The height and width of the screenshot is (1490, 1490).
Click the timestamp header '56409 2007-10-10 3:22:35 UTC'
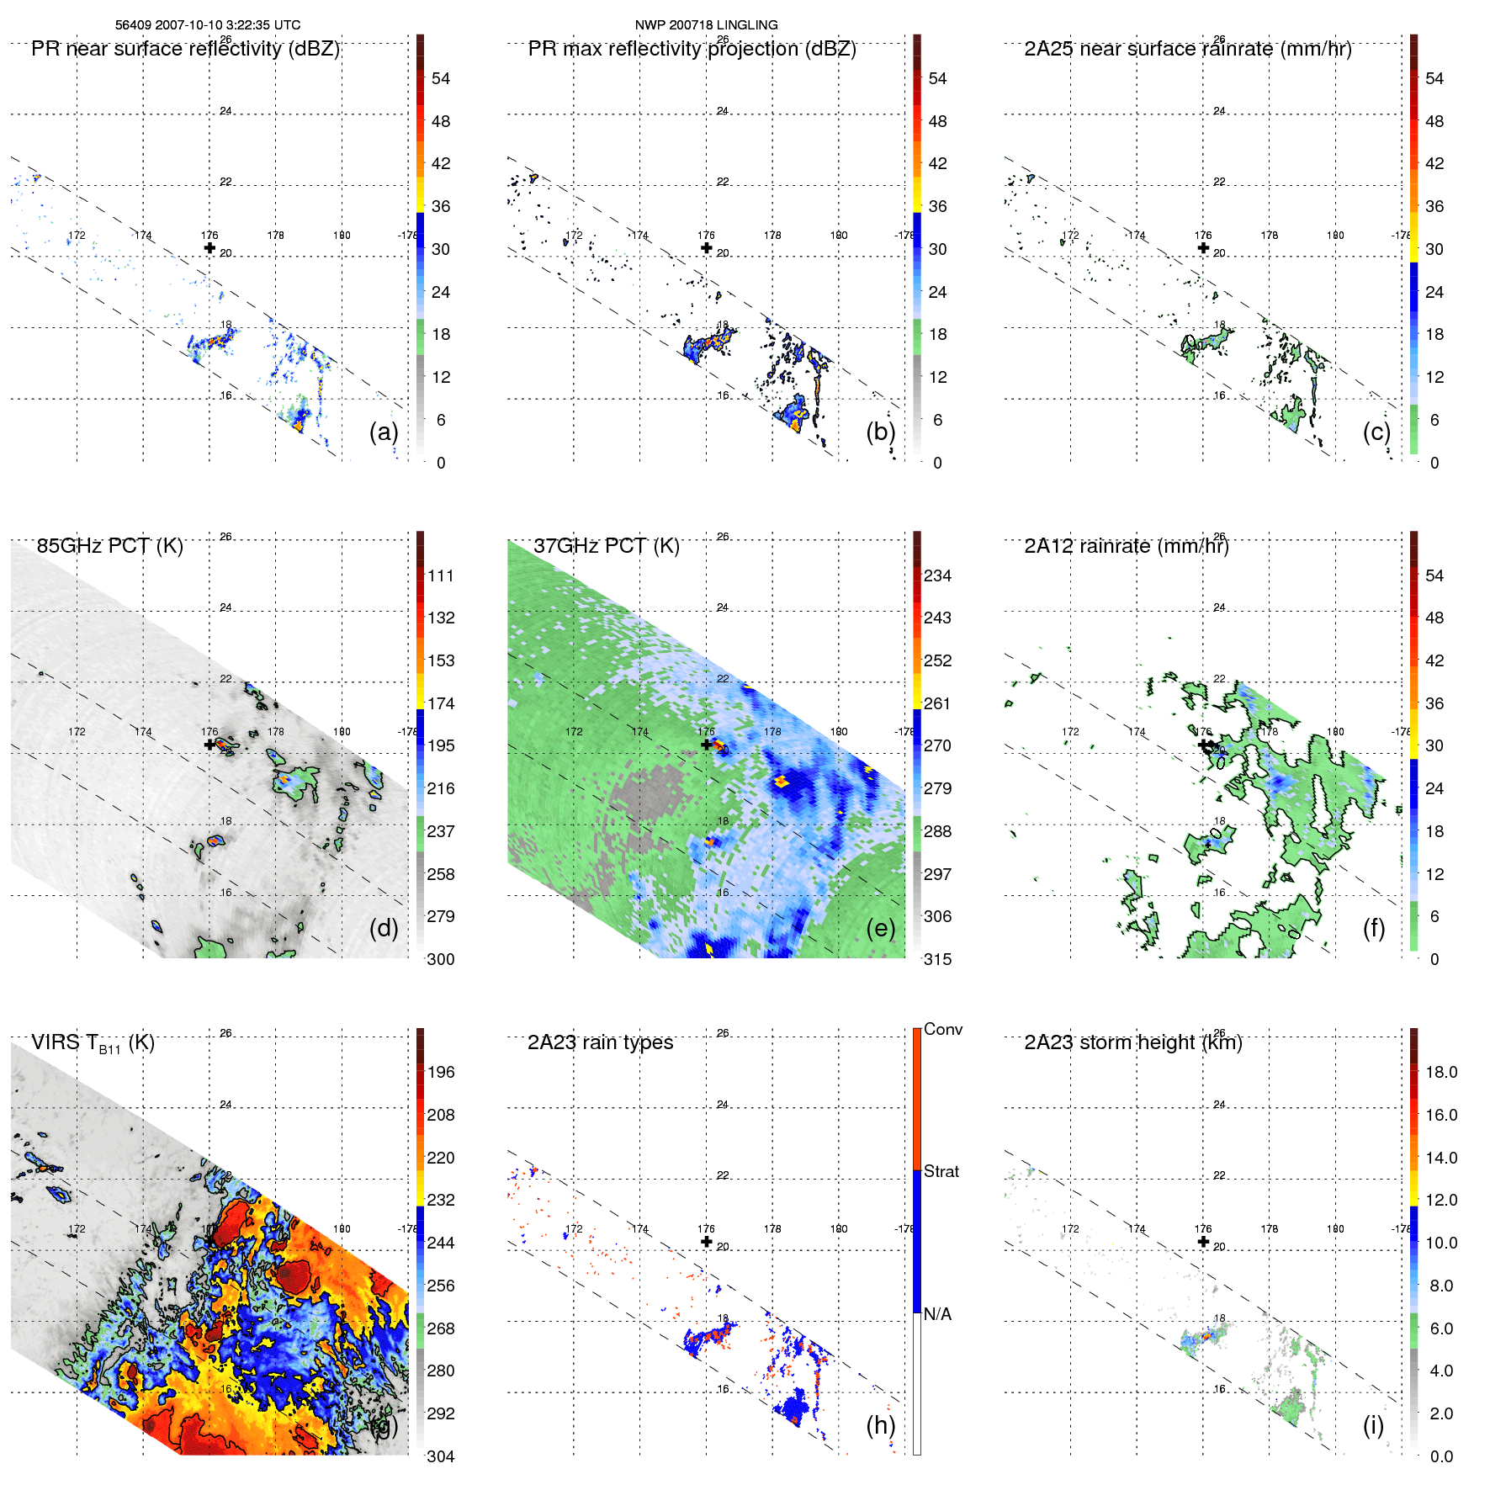(207, 25)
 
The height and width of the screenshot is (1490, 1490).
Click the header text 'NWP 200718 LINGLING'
(706, 25)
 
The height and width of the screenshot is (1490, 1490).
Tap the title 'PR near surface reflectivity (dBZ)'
(185, 49)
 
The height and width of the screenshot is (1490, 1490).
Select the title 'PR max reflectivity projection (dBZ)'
(692, 49)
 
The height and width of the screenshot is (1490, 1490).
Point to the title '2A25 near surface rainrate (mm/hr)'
(1187, 49)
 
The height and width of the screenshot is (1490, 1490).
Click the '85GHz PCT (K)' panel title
(109, 546)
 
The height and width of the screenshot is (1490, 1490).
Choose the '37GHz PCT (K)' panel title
(606, 546)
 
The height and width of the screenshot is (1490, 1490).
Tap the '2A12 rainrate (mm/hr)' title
(1126, 546)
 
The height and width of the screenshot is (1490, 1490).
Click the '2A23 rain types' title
(600, 1042)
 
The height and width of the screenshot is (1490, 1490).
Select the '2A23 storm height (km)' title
(1132, 1042)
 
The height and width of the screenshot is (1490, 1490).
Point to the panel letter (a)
(384, 432)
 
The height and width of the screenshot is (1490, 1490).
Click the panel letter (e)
(880, 928)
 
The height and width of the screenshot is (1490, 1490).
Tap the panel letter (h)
(880, 1424)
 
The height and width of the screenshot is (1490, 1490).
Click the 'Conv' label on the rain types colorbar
(942, 1029)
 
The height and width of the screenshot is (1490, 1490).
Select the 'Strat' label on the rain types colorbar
(941, 1171)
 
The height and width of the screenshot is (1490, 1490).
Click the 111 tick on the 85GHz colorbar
(441, 575)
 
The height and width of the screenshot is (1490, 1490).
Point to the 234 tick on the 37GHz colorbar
(937, 575)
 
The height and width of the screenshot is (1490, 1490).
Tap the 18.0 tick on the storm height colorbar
(1440, 1072)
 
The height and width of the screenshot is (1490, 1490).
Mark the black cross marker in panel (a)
(209, 247)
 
